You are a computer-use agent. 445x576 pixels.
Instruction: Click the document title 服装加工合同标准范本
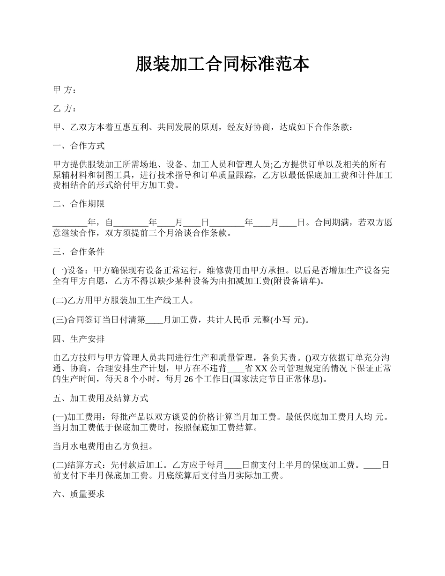point(222,64)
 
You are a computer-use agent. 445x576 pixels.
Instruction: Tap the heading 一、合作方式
point(78,146)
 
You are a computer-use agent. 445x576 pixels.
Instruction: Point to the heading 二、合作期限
point(78,204)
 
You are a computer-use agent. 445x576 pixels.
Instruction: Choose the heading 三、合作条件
point(78,252)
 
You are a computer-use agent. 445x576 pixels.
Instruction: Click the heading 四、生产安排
point(78,339)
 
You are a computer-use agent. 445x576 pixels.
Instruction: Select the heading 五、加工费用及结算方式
point(100,399)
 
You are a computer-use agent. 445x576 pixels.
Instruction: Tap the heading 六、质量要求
point(78,494)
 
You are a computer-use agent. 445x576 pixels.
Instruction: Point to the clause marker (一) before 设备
point(60,271)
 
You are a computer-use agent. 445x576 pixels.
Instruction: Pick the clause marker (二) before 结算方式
point(60,465)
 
